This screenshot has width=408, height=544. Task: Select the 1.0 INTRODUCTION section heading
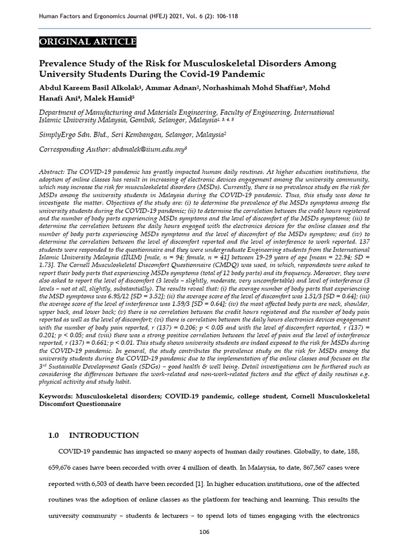point(93,435)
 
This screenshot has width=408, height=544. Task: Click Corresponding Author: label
point(73,150)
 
